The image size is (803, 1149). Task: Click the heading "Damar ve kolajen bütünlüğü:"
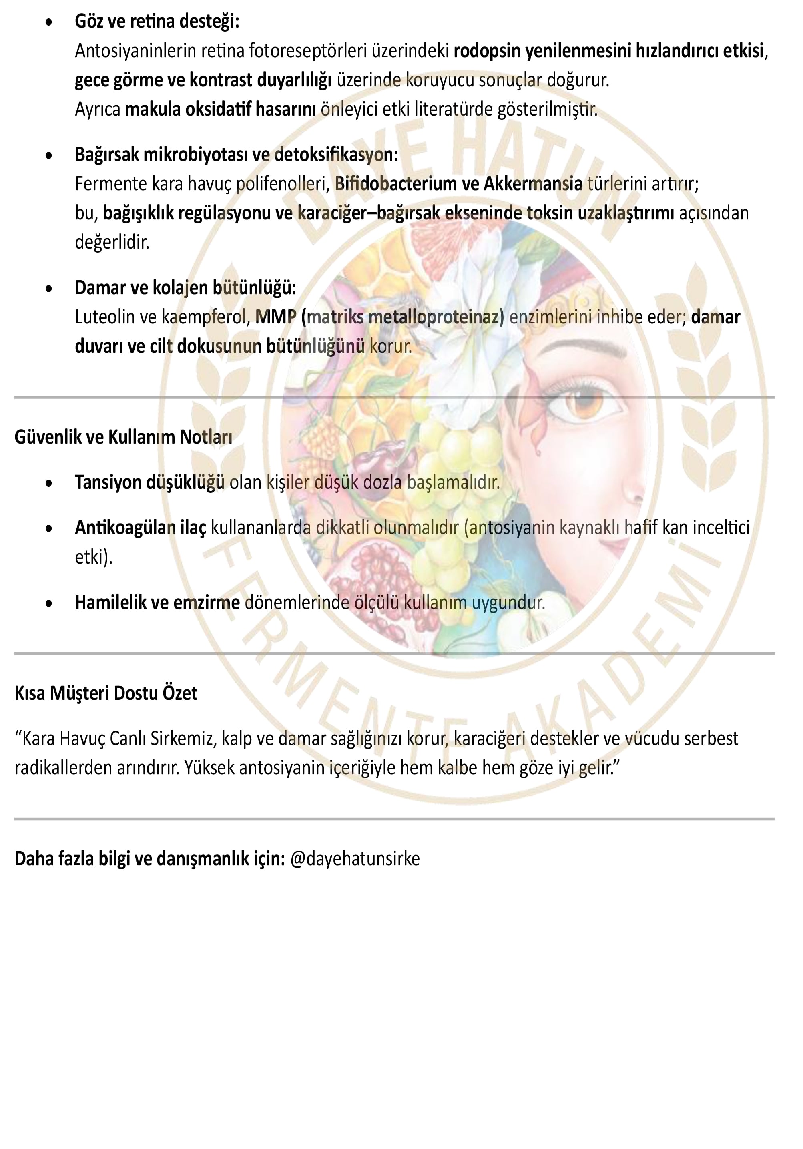pyautogui.click(x=185, y=288)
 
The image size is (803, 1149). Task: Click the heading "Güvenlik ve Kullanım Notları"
pyautogui.click(x=123, y=437)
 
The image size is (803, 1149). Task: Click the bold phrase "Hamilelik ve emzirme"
pyautogui.click(x=157, y=602)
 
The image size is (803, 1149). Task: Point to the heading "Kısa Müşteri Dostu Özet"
pyautogui.click(x=106, y=693)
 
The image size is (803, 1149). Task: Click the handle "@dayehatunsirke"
pyautogui.click(x=355, y=858)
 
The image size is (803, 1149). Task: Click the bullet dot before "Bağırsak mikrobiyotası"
pyautogui.click(x=48, y=156)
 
